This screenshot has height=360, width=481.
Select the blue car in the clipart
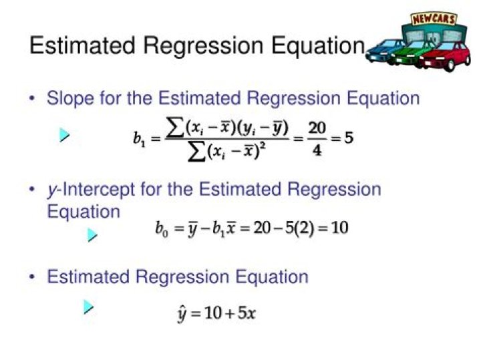(383, 51)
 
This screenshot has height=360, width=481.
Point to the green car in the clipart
(412, 53)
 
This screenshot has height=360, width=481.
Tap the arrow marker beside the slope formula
(64, 135)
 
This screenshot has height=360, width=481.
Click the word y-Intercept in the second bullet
(91, 189)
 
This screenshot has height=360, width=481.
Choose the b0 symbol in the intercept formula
(162, 228)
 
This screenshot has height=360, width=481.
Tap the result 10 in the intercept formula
(339, 228)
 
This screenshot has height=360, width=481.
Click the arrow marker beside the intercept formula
(92, 235)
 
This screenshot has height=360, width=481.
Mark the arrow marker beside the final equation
(88, 307)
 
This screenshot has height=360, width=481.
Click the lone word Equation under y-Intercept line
(84, 212)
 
